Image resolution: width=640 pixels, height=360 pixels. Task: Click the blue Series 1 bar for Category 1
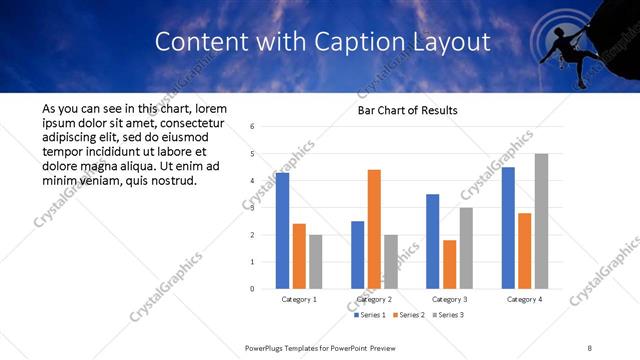[x=282, y=231]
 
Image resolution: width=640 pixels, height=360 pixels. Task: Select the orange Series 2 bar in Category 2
[x=374, y=229]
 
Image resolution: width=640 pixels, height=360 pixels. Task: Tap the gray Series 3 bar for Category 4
[x=541, y=221]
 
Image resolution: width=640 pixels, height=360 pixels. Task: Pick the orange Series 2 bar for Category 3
[x=449, y=264]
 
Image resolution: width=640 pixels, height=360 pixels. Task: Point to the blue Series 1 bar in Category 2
[x=358, y=255]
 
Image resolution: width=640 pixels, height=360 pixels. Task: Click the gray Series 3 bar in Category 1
[x=315, y=262]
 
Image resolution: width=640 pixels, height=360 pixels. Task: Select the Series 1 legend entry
[x=371, y=315]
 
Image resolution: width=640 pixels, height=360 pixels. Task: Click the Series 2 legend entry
[x=410, y=315]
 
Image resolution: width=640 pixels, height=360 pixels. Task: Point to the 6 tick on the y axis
[x=253, y=127]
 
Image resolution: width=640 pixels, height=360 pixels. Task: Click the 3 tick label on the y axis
[x=253, y=208]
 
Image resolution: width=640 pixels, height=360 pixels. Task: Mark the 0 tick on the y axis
[x=253, y=289]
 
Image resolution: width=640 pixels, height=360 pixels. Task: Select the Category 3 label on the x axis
[x=449, y=299]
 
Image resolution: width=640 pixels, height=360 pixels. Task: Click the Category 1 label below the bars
[x=298, y=299]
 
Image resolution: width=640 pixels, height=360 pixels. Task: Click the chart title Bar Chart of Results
[x=408, y=110]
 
